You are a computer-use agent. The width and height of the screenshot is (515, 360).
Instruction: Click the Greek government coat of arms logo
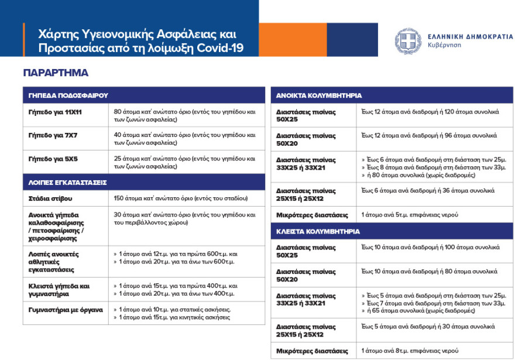point(408,42)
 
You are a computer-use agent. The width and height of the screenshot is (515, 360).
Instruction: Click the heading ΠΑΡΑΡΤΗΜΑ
point(56,73)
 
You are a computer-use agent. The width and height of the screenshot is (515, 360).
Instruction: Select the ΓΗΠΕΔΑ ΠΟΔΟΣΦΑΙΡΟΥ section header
point(68,95)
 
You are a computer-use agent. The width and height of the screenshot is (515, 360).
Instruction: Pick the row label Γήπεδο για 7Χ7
point(53,135)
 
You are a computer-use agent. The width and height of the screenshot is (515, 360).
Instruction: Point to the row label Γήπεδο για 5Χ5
point(53,159)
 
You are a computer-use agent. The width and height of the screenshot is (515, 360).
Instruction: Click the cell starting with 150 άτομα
point(181,198)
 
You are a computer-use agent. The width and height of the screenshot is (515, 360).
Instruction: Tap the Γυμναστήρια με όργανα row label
point(66,310)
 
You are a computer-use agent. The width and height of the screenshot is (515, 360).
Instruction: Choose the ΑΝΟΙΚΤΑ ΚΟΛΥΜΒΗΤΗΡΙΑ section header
point(319,95)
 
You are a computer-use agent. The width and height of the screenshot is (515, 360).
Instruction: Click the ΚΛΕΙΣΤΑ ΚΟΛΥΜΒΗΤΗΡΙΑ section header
point(318,231)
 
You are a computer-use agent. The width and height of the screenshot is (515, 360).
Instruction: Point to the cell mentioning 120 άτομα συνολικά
point(430,111)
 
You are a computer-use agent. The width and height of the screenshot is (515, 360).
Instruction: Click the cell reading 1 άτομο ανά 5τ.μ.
point(410,215)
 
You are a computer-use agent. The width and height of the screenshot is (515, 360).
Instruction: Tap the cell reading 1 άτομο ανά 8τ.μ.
point(410,351)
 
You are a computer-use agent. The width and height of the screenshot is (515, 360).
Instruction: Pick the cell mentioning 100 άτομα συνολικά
point(430,248)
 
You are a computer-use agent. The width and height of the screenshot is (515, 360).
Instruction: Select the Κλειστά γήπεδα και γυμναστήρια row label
point(59,290)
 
